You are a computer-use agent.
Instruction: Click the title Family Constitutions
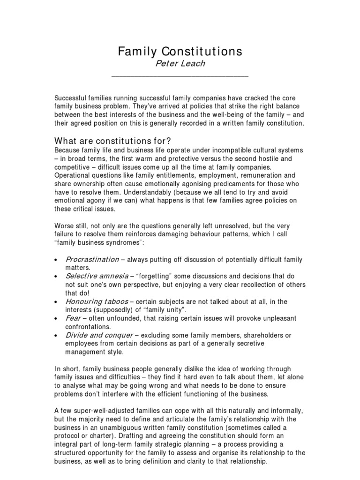180,51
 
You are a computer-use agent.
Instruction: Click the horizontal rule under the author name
180,75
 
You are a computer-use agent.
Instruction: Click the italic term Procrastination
92,259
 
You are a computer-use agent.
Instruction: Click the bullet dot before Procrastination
56,260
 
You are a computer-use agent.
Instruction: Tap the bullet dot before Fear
56,319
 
